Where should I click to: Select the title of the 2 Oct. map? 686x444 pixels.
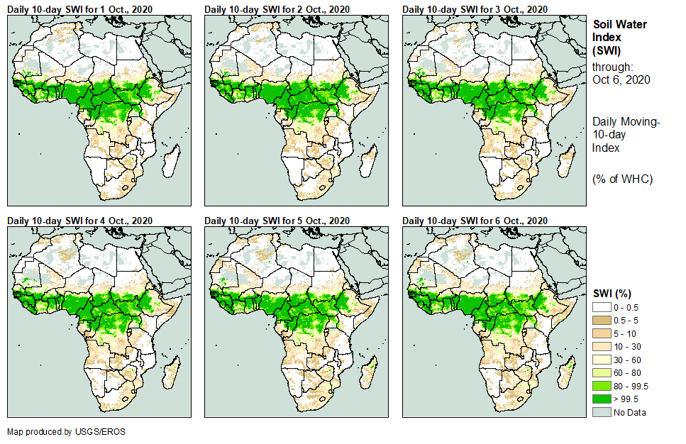coord(277,9)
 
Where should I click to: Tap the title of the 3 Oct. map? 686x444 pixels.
coord(475,9)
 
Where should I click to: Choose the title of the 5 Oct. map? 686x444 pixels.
coord(277,221)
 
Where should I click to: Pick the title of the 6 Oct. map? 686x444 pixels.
coord(475,221)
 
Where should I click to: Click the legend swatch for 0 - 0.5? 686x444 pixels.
coord(602,306)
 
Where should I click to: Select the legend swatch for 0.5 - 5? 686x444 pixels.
coord(602,319)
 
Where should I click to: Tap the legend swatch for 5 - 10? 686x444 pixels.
coord(602,333)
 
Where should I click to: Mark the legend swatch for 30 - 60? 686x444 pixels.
coord(602,360)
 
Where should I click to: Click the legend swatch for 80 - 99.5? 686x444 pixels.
coord(602,386)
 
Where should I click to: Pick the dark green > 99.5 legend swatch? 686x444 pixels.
coord(602,399)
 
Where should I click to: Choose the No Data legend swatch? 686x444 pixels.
coord(602,413)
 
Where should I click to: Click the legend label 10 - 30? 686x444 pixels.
coord(627,346)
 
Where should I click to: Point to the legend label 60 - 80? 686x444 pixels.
coord(627,373)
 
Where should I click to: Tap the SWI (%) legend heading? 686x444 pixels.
coord(612,293)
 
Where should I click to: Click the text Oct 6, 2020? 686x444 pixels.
coord(621,79)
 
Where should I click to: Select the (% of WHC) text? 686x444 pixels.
coord(622,179)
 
